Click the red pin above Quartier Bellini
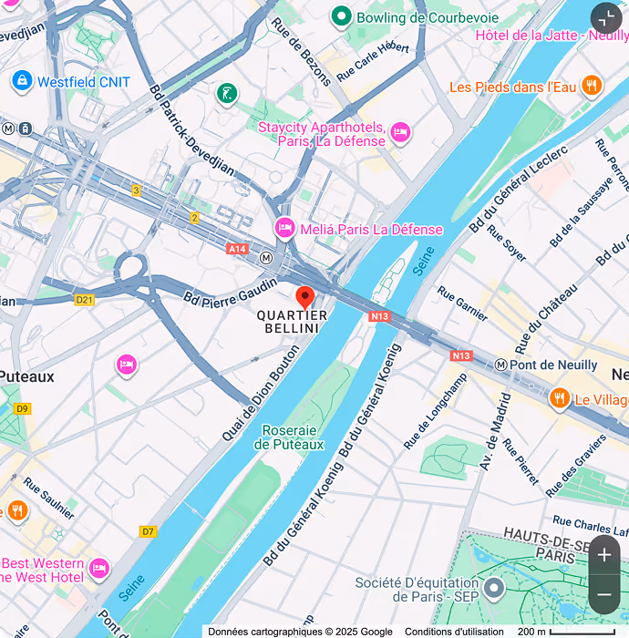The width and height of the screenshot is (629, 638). point(305,297)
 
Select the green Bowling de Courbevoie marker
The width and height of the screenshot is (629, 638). point(342,16)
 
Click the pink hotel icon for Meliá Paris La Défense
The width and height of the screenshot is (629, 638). point(285,228)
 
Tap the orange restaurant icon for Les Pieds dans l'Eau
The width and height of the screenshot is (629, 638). point(592,87)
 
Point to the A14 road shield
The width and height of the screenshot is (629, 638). point(238,249)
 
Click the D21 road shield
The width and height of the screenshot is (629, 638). point(85,299)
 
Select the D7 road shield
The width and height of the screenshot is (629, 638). point(148,531)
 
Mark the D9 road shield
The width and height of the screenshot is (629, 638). point(23,408)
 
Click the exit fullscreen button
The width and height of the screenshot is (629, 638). point(606,19)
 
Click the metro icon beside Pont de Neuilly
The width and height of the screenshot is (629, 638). point(500,365)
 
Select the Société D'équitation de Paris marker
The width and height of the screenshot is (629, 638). point(494,588)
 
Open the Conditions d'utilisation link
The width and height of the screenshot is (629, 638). point(453,632)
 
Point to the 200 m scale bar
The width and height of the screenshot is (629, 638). point(565,632)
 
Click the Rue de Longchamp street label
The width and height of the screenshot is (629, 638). point(438,411)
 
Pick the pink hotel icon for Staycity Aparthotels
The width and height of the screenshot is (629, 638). point(399,135)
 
